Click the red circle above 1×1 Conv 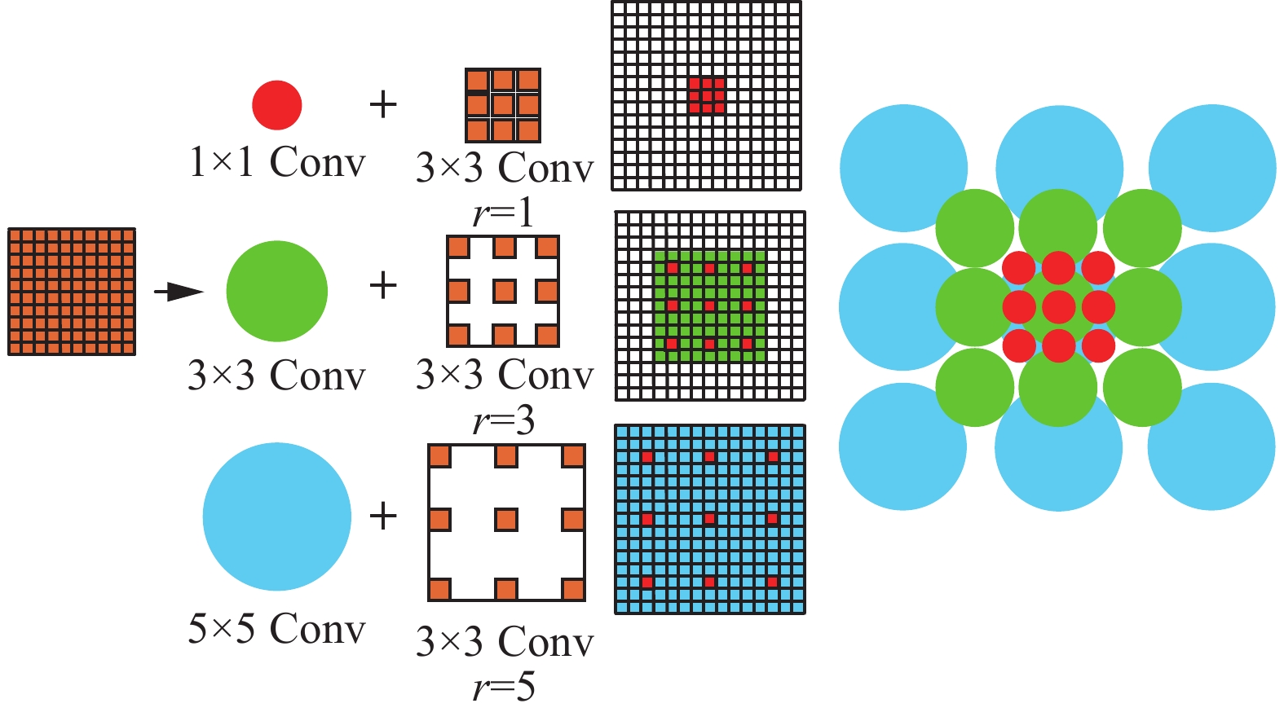(x=277, y=105)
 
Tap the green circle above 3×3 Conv (x=277, y=291)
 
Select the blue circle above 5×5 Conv (x=277, y=517)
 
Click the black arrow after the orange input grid (x=179, y=292)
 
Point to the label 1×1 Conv (x=277, y=162)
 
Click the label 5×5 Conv (x=277, y=629)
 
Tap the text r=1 (x=504, y=213)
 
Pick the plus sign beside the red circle (x=383, y=104)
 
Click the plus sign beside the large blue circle (x=383, y=516)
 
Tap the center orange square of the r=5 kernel (x=506, y=520)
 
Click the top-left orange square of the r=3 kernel (x=458, y=247)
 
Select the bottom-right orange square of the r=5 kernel (x=573, y=589)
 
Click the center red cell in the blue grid (x=709, y=519)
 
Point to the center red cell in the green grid (x=709, y=306)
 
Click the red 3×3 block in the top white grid (x=706, y=95)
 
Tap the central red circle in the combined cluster (x=1058, y=307)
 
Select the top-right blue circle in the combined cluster (x=1212, y=168)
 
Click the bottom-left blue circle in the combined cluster (x=903, y=446)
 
